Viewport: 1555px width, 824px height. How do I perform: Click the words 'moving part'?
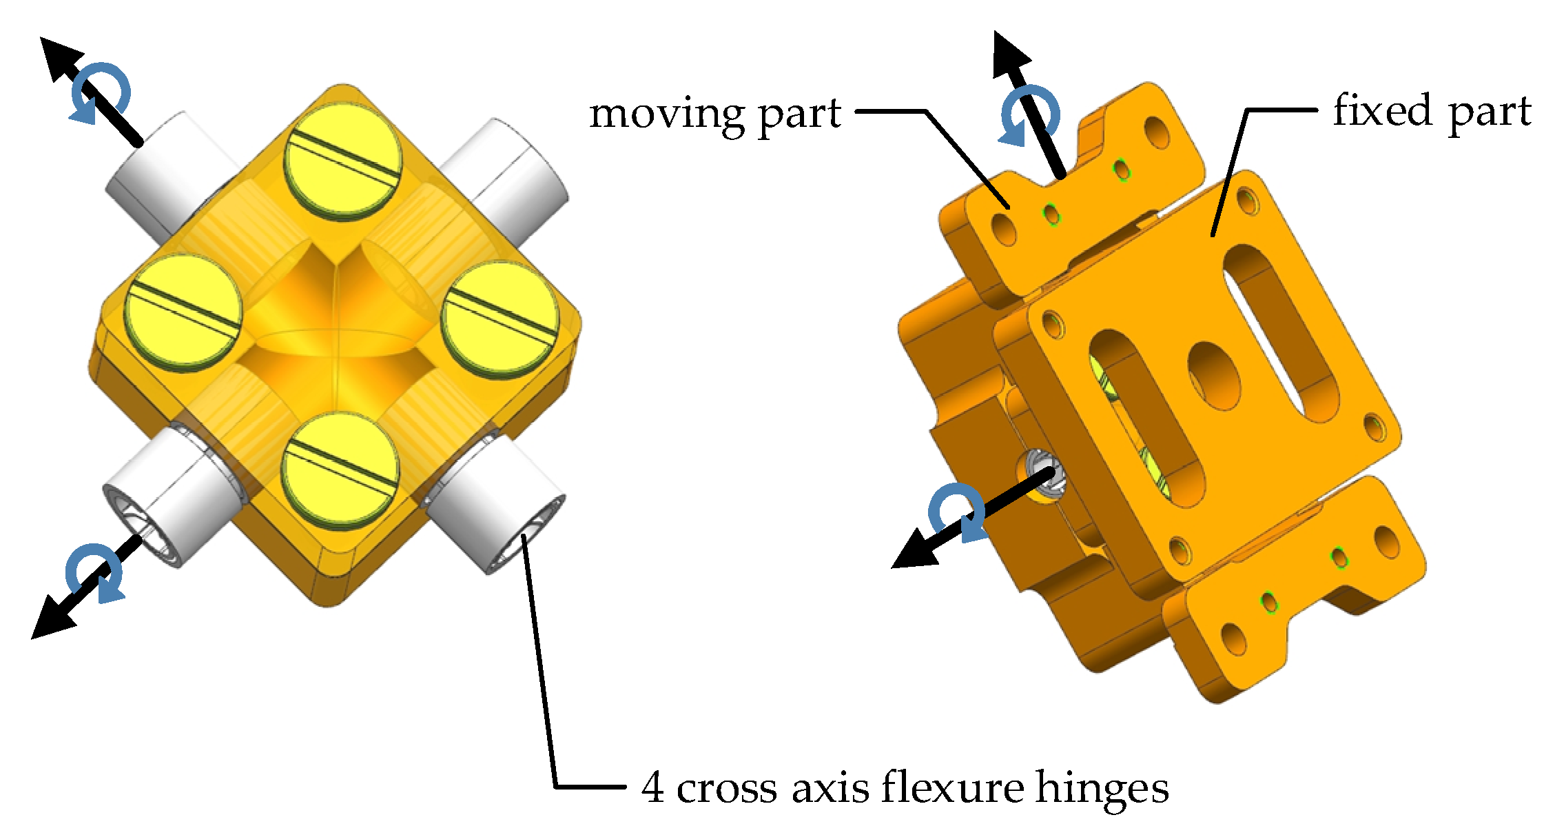click(x=714, y=114)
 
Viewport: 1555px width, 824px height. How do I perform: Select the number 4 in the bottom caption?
click(x=652, y=787)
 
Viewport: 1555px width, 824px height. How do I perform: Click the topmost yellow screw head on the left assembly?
click(x=342, y=161)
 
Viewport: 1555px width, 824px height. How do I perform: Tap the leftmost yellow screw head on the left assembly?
click(x=183, y=312)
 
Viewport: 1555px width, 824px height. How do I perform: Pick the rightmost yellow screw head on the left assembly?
click(x=500, y=319)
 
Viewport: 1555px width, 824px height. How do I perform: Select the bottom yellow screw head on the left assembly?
click(x=340, y=470)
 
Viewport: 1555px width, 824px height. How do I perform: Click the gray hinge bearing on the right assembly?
click(x=1042, y=476)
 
